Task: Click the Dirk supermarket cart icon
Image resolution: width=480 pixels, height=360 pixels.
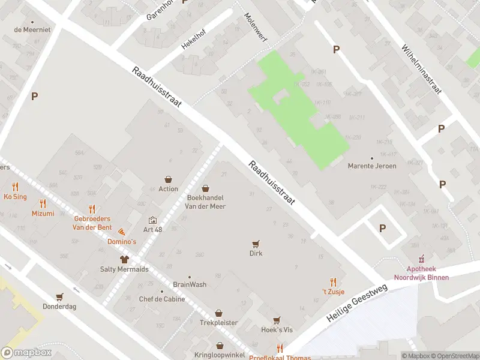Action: (x=256, y=244)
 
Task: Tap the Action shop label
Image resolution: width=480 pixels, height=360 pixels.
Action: (x=169, y=189)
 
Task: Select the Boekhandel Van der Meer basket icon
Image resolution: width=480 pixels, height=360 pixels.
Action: (x=206, y=188)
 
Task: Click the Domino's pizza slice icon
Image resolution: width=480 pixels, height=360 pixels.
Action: (x=122, y=232)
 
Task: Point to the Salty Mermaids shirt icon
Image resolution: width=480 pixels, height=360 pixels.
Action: (x=124, y=260)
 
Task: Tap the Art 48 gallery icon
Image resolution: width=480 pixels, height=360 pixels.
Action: (x=152, y=220)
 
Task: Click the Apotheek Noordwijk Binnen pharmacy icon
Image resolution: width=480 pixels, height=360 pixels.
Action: (x=421, y=259)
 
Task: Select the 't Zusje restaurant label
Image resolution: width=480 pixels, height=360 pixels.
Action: (x=334, y=292)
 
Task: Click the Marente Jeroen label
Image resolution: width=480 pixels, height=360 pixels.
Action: (x=372, y=166)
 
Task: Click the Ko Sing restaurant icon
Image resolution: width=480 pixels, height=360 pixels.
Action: (x=15, y=187)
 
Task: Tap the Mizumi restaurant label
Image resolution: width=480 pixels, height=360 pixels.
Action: (x=43, y=214)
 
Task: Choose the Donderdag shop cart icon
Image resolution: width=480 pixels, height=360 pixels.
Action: (x=59, y=296)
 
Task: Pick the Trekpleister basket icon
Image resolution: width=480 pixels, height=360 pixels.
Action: (x=219, y=313)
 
